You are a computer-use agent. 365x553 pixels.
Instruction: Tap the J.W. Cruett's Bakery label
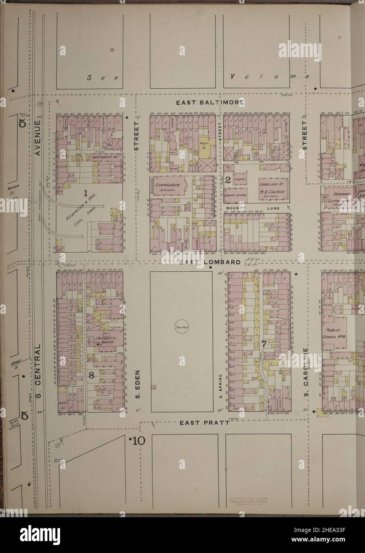[x=104, y=340]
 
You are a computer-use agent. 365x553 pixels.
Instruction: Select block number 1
[x=85, y=194]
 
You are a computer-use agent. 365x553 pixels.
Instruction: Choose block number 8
[x=91, y=374]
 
